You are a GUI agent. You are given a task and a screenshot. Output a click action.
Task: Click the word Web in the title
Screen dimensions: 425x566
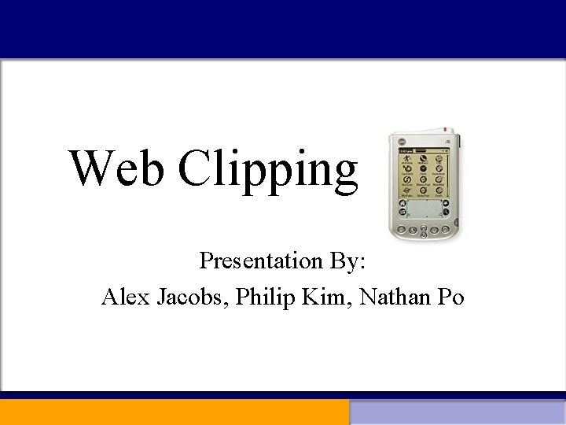[x=117, y=168]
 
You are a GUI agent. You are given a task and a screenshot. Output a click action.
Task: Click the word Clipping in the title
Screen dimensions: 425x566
[x=268, y=171]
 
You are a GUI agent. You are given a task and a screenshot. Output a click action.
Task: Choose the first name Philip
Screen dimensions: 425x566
[x=263, y=297]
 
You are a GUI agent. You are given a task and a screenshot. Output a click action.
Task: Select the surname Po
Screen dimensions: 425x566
[x=451, y=297]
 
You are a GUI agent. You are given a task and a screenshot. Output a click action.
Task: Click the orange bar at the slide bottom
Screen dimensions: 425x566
[x=175, y=412]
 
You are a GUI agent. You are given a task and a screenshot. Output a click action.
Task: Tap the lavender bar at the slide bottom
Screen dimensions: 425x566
[x=458, y=412]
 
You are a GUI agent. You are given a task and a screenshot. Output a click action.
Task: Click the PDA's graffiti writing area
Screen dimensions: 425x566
[x=423, y=209]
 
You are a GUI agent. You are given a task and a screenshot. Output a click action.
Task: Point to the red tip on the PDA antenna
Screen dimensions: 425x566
[x=446, y=130]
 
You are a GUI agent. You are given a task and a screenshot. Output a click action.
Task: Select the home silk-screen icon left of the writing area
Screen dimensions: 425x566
[x=402, y=202]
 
